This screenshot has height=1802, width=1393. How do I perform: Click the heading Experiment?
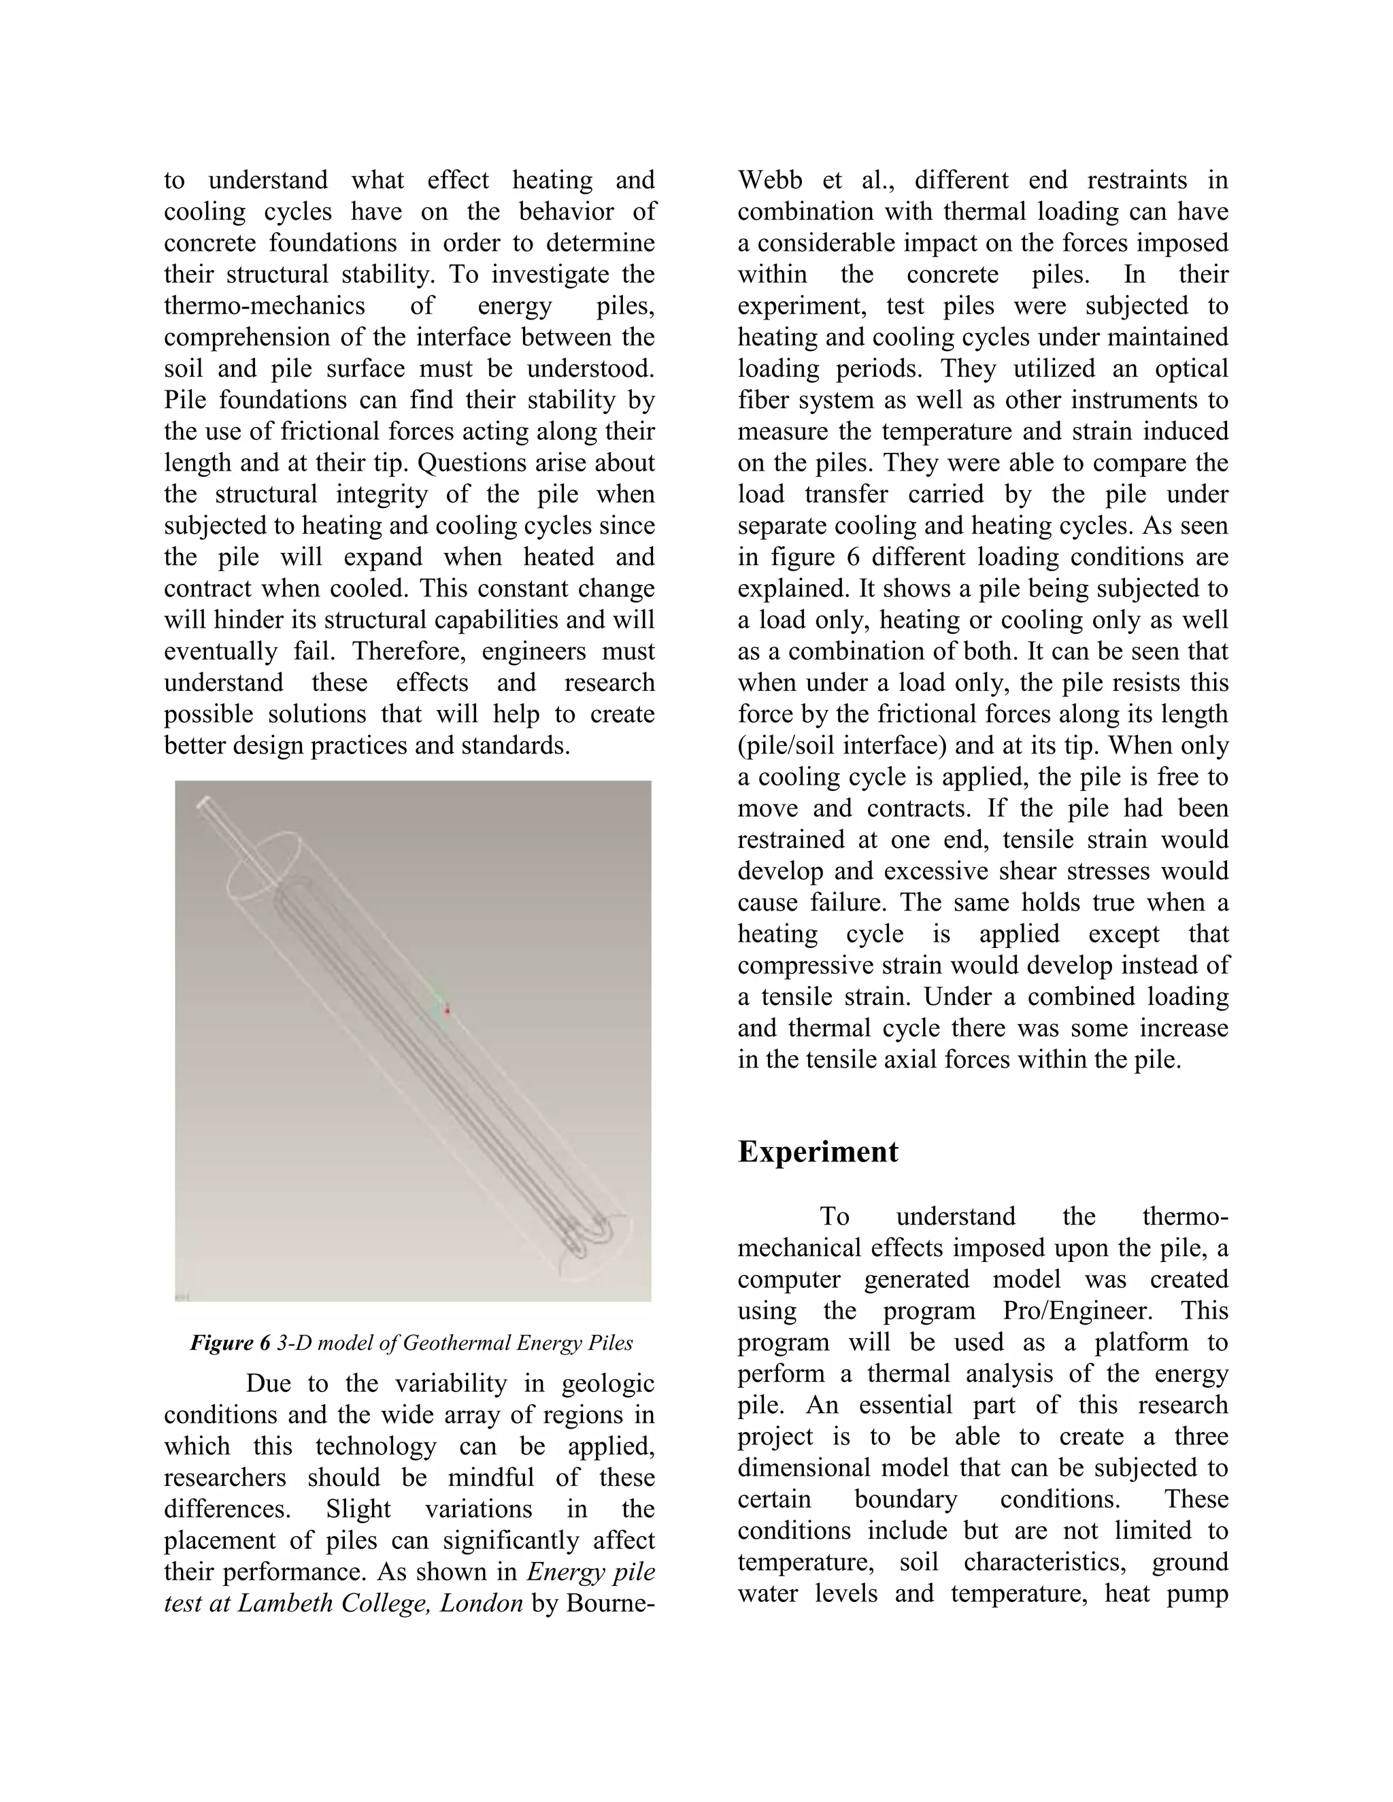[817, 1152]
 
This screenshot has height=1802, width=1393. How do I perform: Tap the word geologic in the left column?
[607, 1384]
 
